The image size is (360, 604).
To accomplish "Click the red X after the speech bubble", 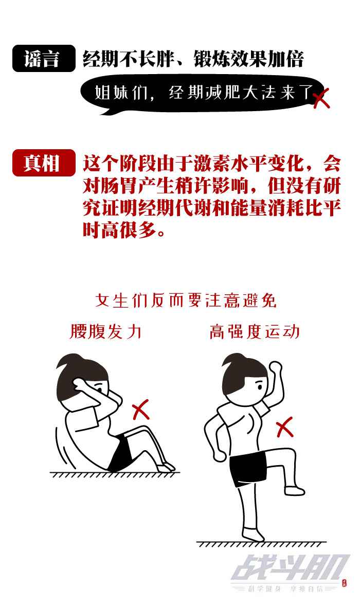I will point(321,98).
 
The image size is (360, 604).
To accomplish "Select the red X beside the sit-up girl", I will point(140,411).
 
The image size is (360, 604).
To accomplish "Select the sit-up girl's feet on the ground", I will point(167,467).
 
